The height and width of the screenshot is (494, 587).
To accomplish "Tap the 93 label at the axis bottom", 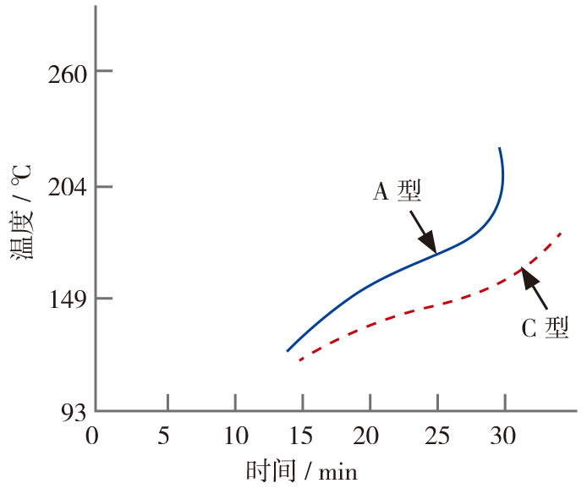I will pyautogui.click(x=67, y=412).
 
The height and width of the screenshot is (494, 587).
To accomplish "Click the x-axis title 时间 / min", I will pyautogui.click(x=301, y=470).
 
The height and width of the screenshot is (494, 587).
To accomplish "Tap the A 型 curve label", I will pyautogui.click(x=397, y=192).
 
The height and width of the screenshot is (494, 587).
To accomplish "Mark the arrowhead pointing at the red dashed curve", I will pyautogui.click(x=528, y=276).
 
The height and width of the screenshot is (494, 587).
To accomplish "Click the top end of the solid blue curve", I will pyautogui.click(x=500, y=149).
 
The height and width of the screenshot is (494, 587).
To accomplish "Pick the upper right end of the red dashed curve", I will pyautogui.click(x=561, y=233).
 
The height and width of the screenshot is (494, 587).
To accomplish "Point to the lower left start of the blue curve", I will pyautogui.click(x=288, y=350).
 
